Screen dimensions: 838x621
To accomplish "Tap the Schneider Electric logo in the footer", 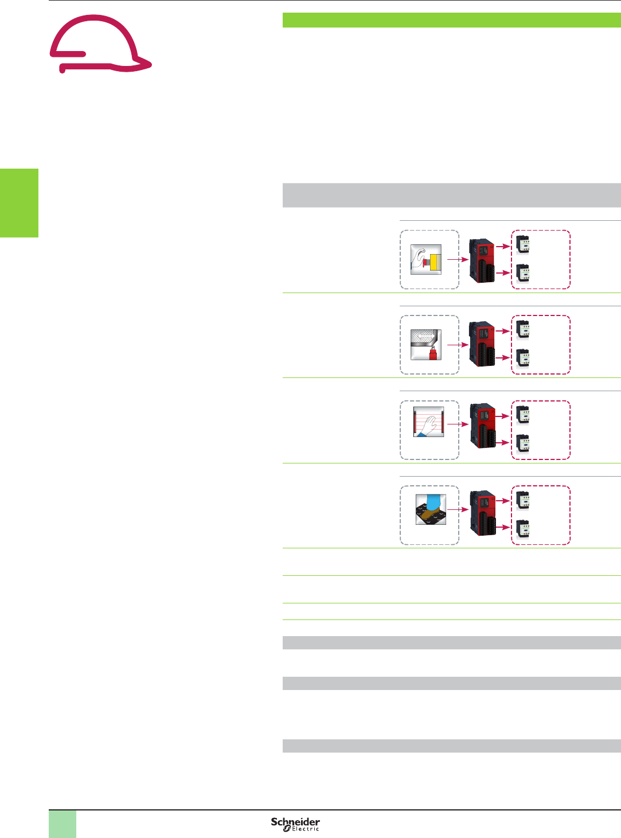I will [295, 824].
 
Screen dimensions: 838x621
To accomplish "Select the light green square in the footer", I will [63, 824].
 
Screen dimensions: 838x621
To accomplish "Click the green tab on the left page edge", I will [19, 202].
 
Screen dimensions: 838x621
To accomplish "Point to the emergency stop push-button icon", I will [426, 259].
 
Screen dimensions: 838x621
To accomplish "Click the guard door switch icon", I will [426, 345].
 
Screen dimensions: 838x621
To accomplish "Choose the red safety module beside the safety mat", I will [482, 512].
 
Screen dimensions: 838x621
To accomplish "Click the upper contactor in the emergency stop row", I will [522, 245].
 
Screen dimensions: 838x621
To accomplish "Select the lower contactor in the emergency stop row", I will [522, 274].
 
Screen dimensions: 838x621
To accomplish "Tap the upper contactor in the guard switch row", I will [522, 330].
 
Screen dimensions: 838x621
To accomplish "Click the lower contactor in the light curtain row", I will [522, 443].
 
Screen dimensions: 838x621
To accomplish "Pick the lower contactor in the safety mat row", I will [522, 528].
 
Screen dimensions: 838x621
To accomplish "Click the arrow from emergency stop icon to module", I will [458, 259].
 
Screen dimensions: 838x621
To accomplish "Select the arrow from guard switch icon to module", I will [458, 345].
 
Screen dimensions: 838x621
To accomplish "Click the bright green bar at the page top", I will [451, 20].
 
